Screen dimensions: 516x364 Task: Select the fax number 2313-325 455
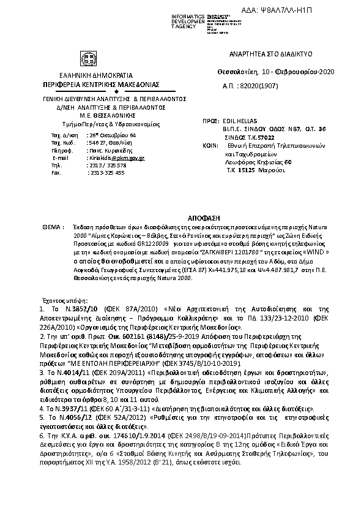click(106, 173)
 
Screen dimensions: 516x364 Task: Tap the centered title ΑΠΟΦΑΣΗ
click(182, 218)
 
